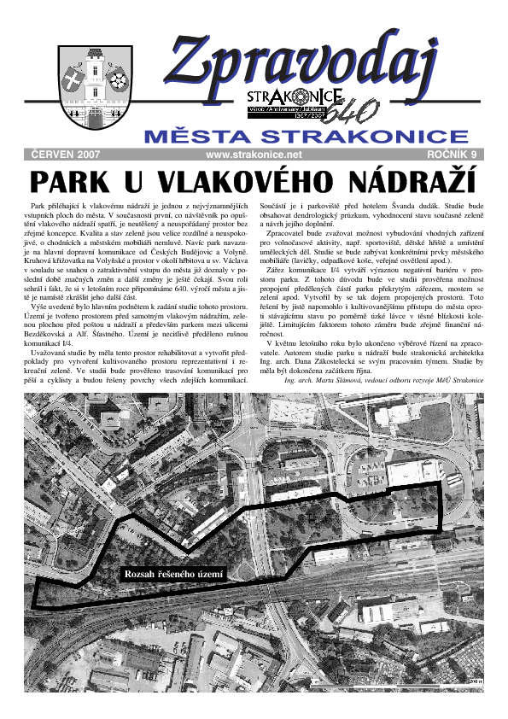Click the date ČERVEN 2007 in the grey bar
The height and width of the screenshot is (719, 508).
click(66, 155)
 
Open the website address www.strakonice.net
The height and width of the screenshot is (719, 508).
click(254, 155)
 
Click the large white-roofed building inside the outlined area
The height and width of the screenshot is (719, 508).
click(410, 472)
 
